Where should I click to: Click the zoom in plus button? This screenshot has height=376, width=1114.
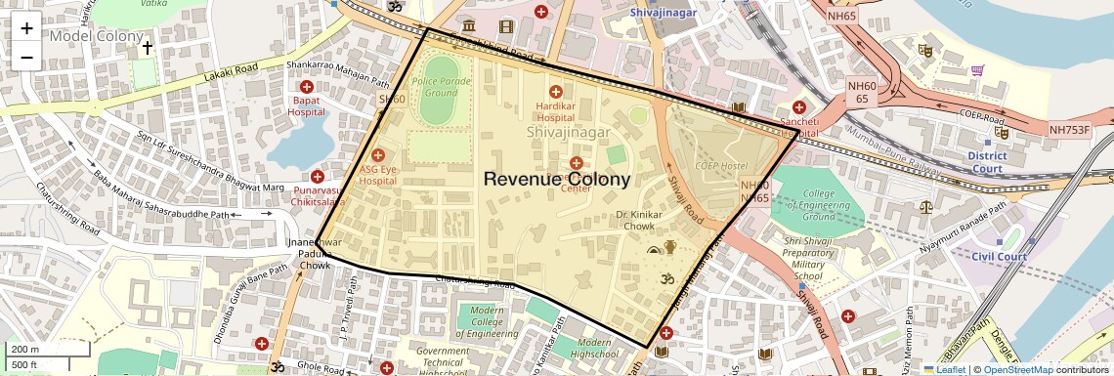pos(26,27)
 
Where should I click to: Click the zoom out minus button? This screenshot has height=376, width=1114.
pos(26,57)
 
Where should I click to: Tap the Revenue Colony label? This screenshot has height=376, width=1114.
pos(557,179)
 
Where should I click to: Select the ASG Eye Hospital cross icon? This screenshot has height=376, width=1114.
pos(378,155)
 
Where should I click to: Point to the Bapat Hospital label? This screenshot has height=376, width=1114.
pos(307,105)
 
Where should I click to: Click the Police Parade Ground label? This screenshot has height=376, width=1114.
pos(435,87)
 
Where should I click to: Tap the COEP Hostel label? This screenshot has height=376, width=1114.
pos(720,166)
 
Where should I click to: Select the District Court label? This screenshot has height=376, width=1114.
pos(987,162)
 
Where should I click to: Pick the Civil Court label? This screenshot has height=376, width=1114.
pos(999,257)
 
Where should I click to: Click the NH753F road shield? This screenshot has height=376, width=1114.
pos(1069,129)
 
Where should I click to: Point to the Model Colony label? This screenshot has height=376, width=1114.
pos(96,36)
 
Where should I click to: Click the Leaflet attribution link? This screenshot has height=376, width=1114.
pos(946,369)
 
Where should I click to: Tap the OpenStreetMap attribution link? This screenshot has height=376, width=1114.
pos(1017,369)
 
